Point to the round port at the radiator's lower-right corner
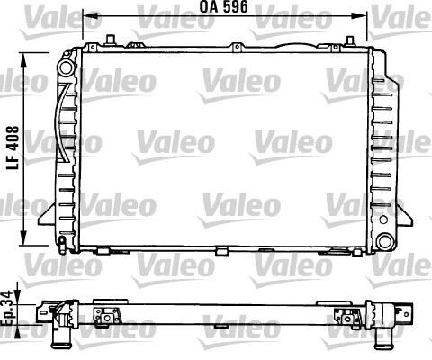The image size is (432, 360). click(x=384, y=241)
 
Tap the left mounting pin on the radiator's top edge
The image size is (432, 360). click(x=109, y=38)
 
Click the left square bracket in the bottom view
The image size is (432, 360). click(x=109, y=314)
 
